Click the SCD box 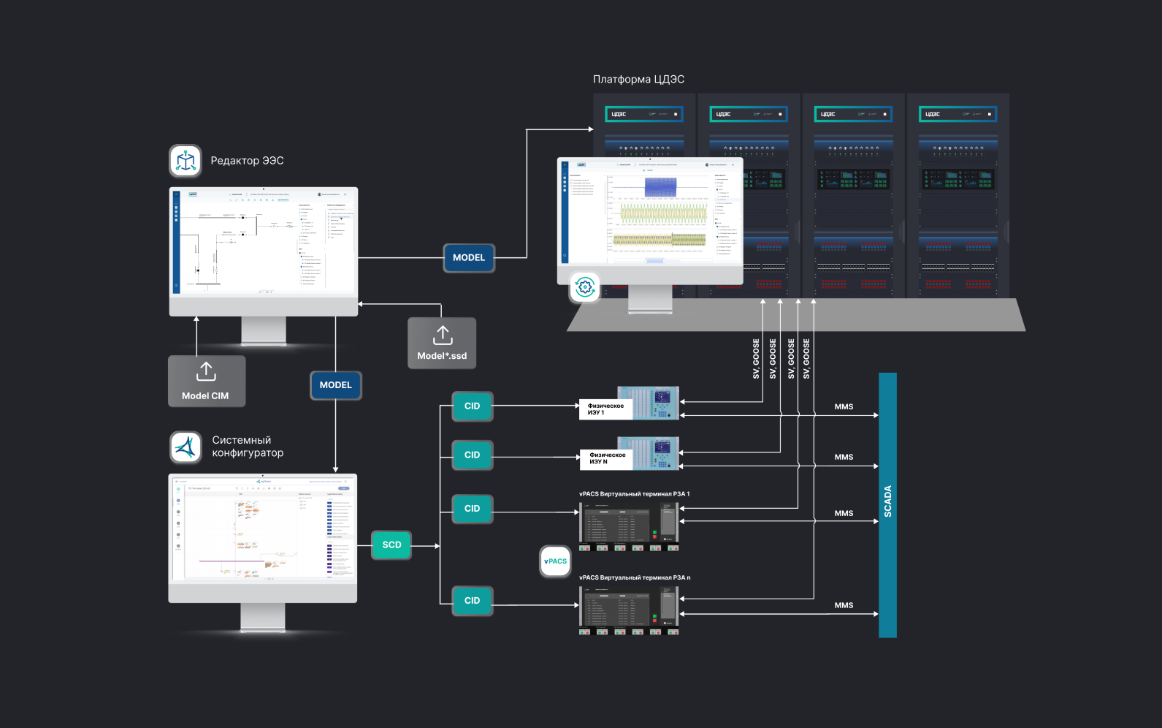391,545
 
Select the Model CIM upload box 207,381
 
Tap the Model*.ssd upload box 442,343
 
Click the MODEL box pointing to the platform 469,258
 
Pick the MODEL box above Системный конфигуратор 335,385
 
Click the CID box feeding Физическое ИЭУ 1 473,406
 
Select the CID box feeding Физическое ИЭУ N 473,455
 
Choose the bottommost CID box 473,601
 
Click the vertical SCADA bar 887,504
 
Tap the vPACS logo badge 555,561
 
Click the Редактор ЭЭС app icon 186,161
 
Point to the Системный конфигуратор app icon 186,447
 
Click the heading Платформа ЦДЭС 638,80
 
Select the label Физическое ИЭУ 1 605,409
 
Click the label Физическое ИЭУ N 607,458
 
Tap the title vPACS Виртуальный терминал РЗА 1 634,494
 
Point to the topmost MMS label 844,407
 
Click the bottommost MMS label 844,606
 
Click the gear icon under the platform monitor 584,287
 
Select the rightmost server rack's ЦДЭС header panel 957,114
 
